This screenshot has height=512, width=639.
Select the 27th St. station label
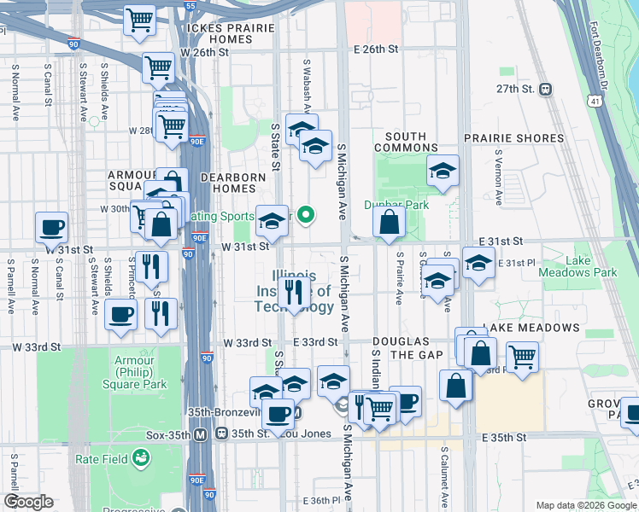tap(516, 89)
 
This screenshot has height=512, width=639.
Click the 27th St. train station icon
tap(545, 89)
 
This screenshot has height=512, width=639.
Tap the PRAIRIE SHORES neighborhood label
tap(514, 138)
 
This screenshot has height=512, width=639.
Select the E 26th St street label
tap(375, 49)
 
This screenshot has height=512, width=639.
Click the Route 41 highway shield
tap(593, 101)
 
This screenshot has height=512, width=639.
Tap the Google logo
tap(28, 502)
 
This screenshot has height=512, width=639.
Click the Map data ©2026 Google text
tap(585, 505)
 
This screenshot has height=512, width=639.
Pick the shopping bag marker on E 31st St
tap(389, 224)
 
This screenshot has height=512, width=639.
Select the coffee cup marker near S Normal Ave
tap(51, 228)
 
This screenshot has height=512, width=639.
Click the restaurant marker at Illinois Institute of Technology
tap(294, 293)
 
